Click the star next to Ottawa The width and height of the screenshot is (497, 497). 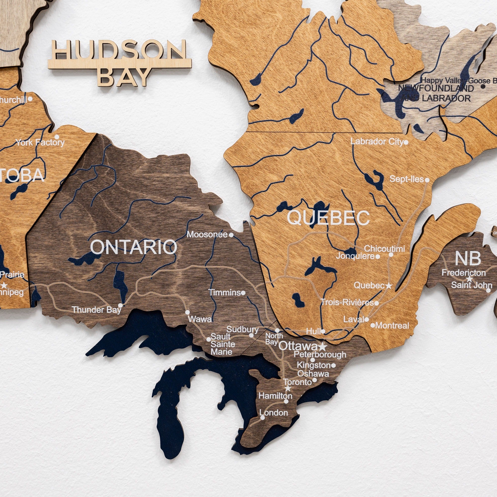[323, 347]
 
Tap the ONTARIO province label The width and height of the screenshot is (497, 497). [133, 247]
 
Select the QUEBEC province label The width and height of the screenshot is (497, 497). [328, 218]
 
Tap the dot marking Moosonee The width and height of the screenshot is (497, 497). [231, 235]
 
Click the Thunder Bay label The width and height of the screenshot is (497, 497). [96, 309]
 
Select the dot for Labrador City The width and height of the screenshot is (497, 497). [406, 142]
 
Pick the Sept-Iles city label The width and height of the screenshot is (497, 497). [407, 179]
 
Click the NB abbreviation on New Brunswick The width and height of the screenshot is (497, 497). [468, 258]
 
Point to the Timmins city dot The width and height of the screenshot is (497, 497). [243, 293]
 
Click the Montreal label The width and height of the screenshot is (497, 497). [392, 326]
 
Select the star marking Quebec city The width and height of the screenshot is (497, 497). [389, 286]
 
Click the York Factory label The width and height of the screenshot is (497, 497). [40, 142]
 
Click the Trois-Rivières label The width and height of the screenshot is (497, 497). [347, 302]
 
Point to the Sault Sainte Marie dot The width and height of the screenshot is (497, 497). [209, 339]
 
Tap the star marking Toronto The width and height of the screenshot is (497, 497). [288, 388]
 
